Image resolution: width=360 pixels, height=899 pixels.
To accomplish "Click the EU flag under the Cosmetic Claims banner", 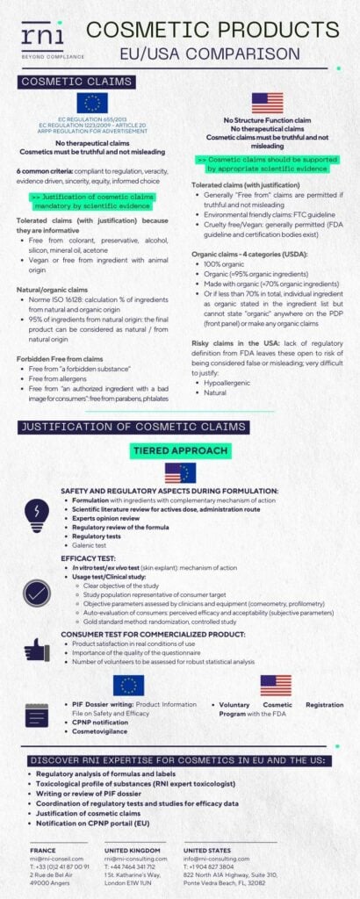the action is pos(91,104).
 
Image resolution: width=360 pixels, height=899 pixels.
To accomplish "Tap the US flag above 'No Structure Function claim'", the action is pos(268,104).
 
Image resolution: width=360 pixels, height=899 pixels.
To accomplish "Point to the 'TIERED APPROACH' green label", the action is pos(180,450).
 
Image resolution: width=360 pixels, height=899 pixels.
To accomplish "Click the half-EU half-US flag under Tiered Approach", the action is pos(180,473).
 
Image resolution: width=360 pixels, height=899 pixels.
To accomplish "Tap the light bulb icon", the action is pos(36,510).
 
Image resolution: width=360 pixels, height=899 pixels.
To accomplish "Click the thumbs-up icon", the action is pos(36,649).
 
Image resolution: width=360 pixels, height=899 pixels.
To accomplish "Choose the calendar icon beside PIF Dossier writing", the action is pos(36,716).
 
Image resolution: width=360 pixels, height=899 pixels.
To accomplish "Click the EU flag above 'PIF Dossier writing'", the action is pos(129,686).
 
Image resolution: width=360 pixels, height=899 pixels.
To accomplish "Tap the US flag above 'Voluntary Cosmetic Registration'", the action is pos(276,686).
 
